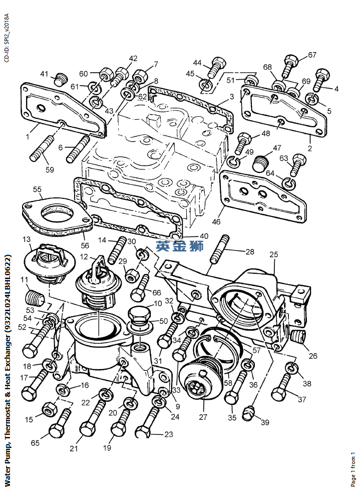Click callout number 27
pyautogui.click(x=203, y=417)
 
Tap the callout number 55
pyautogui.click(x=37, y=189)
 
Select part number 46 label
pyautogui.click(x=216, y=221)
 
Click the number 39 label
pyautogui.click(x=265, y=422)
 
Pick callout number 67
pyautogui.click(x=312, y=55)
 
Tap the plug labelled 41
pyautogui.click(x=62, y=79)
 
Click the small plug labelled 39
pyautogui.click(x=249, y=412)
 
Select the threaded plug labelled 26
pyautogui.click(x=299, y=336)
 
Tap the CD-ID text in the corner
pyautogui.click(x=6, y=38)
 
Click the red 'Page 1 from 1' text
pyautogui.click(x=353, y=468)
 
